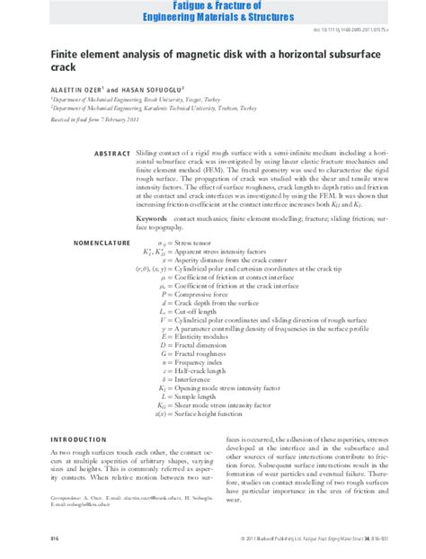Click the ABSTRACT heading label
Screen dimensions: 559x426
coord(112,154)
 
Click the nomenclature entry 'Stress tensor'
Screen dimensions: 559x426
coord(199,243)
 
